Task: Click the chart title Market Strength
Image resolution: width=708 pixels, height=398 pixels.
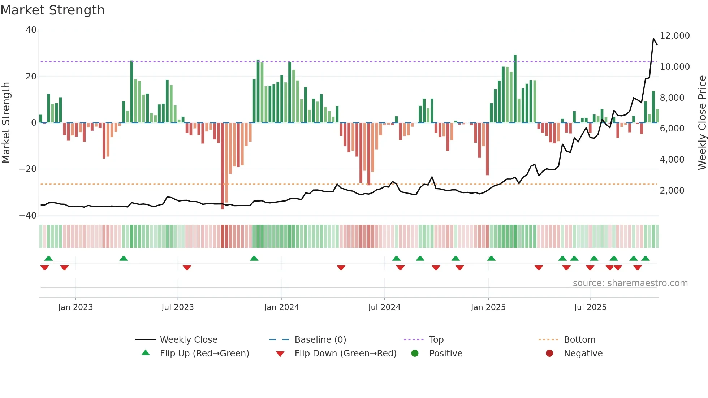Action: [x=52, y=10]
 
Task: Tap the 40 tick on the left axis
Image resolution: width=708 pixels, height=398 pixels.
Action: [x=31, y=30]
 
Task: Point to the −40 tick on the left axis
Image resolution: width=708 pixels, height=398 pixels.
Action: [x=28, y=216]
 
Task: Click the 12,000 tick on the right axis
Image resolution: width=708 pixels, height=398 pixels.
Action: [x=674, y=36]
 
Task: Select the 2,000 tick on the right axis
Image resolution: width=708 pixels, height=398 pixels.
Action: [x=672, y=191]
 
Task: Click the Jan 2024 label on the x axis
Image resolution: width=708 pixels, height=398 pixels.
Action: [x=281, y=307]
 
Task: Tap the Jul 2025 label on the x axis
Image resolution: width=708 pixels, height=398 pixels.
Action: [x=590, y=307]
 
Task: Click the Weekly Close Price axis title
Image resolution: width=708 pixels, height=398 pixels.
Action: [x=702, y=123]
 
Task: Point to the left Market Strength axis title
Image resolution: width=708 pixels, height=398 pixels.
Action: [x=6, y=123]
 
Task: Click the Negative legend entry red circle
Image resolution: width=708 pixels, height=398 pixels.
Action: [x=549, y=354]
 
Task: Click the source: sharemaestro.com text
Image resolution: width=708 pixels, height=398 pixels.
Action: [x=630, y=283]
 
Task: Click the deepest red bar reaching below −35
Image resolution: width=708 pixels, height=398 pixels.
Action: [x=223, y=166]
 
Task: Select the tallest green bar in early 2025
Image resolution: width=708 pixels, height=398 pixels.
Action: [x=515, y=88]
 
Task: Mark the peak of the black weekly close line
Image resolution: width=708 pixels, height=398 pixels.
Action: [x=653, y=39]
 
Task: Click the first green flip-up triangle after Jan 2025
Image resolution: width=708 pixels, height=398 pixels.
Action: [x=491, y=259]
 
